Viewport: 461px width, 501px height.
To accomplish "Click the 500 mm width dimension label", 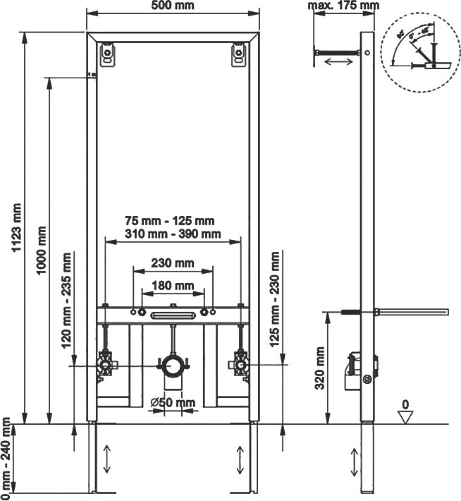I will [173, 6].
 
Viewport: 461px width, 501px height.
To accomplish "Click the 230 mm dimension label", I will [173, 263].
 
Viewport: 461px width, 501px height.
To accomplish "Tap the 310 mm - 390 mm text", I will [173, 234].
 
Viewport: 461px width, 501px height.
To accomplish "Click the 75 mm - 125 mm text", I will [173, 220].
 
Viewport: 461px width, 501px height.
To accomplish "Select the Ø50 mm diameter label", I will [173, 403].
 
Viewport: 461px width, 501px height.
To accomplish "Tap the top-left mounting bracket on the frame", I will [107, 54].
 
